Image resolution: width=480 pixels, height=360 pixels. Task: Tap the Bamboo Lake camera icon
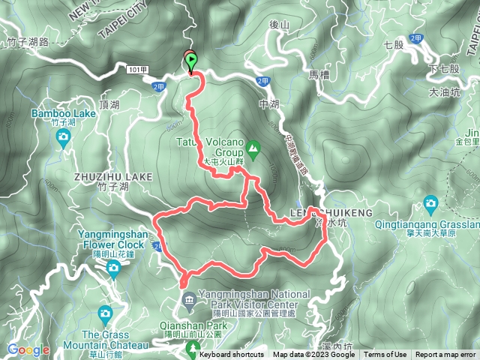[63, 136]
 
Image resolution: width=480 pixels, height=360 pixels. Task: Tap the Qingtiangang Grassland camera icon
[430, 204]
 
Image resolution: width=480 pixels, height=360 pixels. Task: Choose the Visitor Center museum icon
[187, 301]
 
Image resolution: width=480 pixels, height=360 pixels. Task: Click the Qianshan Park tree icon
[193, 347]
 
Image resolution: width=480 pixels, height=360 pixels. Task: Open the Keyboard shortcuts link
[232, 355]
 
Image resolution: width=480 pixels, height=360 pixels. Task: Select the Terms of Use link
[385, 355]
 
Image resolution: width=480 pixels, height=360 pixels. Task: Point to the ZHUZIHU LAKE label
[113, 175]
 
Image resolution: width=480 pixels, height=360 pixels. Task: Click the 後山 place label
[279, 25]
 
